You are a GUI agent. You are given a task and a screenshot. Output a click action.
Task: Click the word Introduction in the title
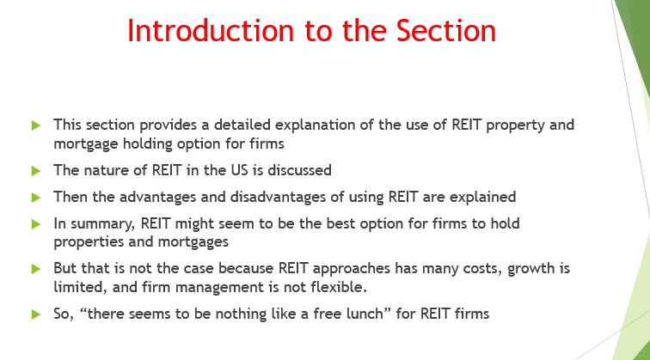(211, 31)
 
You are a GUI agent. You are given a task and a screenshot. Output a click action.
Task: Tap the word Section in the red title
(446, 31)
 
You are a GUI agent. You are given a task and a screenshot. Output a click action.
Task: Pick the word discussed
(299, 170)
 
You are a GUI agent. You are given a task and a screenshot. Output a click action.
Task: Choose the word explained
(482, 198)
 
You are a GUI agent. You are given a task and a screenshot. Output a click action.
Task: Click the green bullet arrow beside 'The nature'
(35, 171)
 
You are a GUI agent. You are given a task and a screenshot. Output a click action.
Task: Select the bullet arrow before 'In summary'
(35, 224)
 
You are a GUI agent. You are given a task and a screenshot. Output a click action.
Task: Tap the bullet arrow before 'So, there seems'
(35, 314)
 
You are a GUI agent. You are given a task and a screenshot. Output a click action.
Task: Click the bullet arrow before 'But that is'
(35, 269)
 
